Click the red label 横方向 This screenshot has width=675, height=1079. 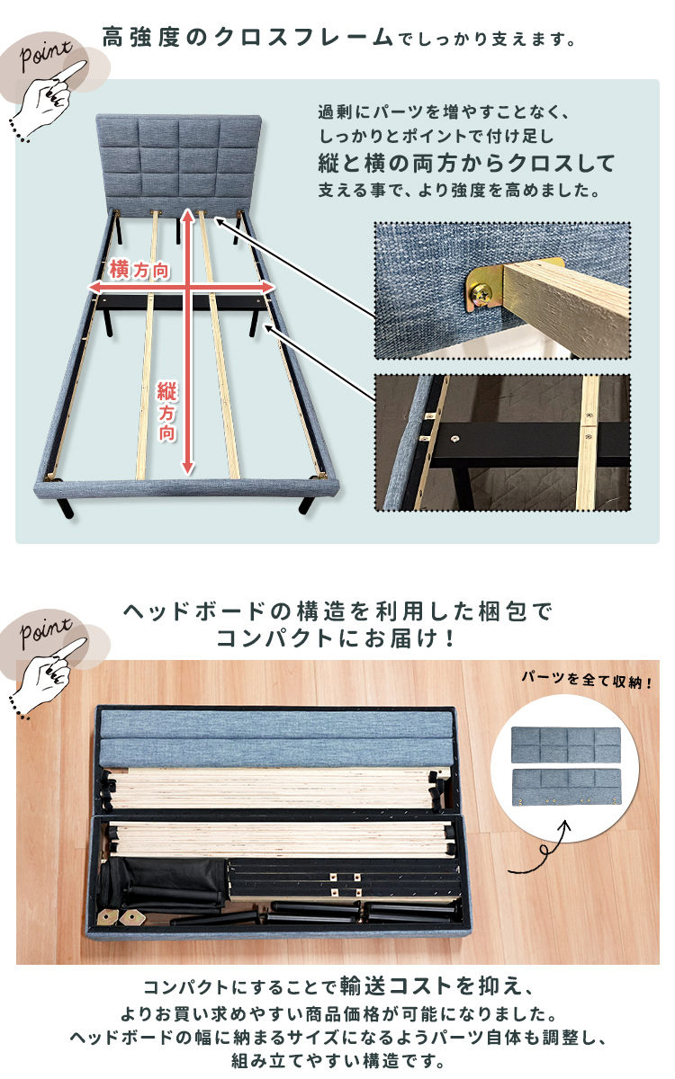click(x=139, y=270)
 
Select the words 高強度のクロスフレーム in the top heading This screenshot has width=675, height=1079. click(x=247, y=38)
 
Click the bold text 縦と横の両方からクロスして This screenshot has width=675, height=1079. click(x=467, y=164)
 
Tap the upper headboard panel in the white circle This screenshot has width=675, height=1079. click(x=565, y=745)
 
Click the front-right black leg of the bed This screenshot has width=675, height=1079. click(x=307, y=504)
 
